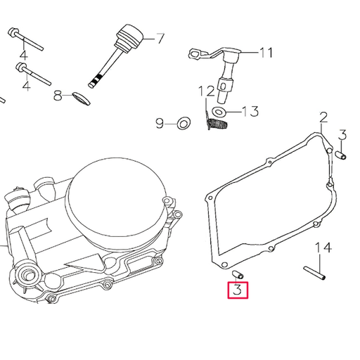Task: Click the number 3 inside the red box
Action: (x=237, y=290)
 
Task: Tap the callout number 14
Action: (x=322, y=247)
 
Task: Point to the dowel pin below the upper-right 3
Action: (x=342, y=155)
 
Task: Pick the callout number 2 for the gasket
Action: (x=323, y=117)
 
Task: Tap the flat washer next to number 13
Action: (x=219, y=111)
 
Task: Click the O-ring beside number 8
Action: (x=81, y=96)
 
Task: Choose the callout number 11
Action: (x=266, y=52)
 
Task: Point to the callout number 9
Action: (x=160, y=124)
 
